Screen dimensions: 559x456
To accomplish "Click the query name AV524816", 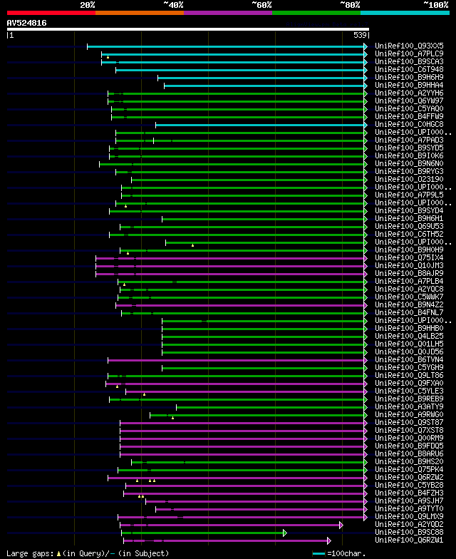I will pos(26,23).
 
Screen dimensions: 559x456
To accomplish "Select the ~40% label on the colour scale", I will pos(173,4).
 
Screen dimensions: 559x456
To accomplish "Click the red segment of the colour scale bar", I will pos(51,12).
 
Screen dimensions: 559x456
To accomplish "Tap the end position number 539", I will pos(360,35).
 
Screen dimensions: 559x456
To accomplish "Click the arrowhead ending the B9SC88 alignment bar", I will pos(284,533).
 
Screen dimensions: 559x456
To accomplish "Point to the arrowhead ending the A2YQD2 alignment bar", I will pos(341,525).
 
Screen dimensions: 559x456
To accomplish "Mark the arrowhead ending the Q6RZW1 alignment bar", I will pos(328,540).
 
